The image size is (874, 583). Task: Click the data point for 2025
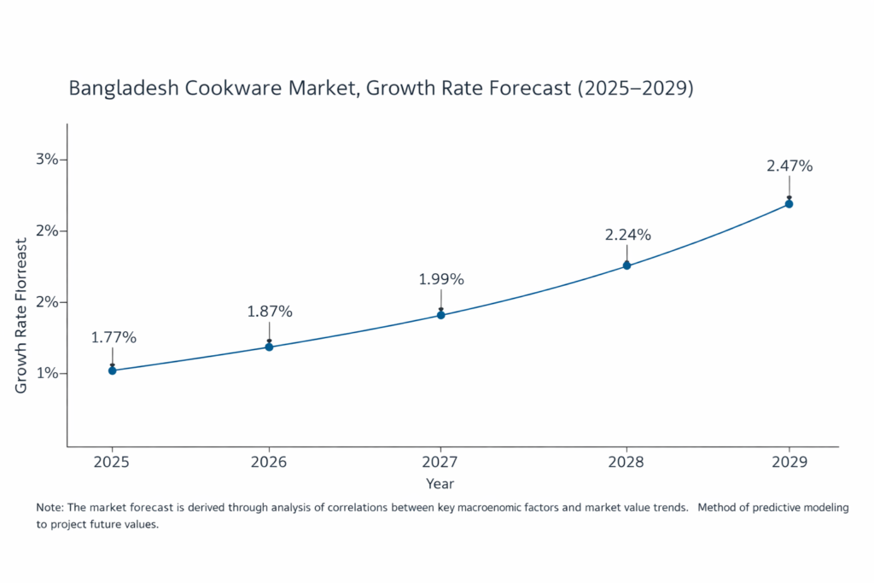pyautogui.click(x=113, y=370)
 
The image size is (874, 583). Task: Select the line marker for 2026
pyautogui.click(x=269, y=347)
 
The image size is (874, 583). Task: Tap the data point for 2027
pyautogui.click(x=441, y=315)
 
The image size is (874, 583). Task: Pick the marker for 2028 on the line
pyautogui.click(x=626, y=265)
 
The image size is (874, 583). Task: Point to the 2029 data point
pyautogui.click(x=789, y=203)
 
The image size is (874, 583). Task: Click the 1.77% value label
pyautogui.click(x=114, y=337)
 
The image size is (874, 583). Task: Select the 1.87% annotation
pyautogui.click(x=270, y=312)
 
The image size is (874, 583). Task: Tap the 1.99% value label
pyautogui.click(x=441, y=279)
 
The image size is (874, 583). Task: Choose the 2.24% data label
pyautogui.click(x=628, y=235)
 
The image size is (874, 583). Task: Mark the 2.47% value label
pyautogui.click(x=790, y=166)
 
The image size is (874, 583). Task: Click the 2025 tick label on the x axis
pyautogui.click(x=113, y=461)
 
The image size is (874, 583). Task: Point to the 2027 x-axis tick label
pyautogui.click(x=441, y=461)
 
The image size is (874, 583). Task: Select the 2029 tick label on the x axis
pyautogui.click(x=789, y=461)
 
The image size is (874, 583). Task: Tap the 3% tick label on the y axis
pyautogui.click(x=46, y=160)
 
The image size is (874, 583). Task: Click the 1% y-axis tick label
pyautogui.click(x=46, y=373)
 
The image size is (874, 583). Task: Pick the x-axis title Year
pyautogui.click(x=440, y=484)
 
